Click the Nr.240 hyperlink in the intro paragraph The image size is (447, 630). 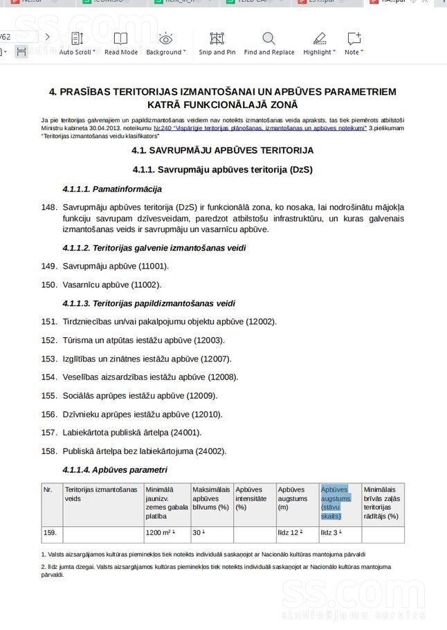point(260,128)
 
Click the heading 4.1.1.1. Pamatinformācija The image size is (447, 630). point(112,189)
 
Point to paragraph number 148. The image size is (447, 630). point(48,207)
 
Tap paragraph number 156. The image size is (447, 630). point(48,414)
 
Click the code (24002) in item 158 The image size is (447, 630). point(210,451)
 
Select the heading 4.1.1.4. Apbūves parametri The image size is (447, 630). point(115,470)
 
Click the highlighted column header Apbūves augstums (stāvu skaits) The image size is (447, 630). point(336,502)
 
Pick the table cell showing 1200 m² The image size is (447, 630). point(160,533)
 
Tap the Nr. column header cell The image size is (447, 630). point(48,490)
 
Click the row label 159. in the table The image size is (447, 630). point(50,533)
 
